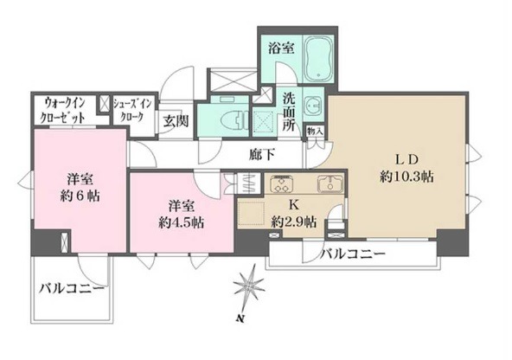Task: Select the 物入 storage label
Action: tap(316, 132)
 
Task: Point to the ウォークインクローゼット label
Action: tap(65, 110)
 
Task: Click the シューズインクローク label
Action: tap(133, 110)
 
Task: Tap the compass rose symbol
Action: tap(248, 286)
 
